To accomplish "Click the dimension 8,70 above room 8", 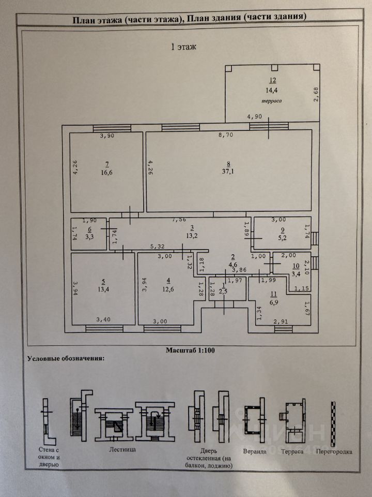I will pyautogui.click(x=226, y=136).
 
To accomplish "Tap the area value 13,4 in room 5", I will pyautogui.click(x=104, y=290).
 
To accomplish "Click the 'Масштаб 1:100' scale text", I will pyautogui.click(x=190, y=350).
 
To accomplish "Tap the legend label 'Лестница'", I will pyautogui.click(x=122, y=450).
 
